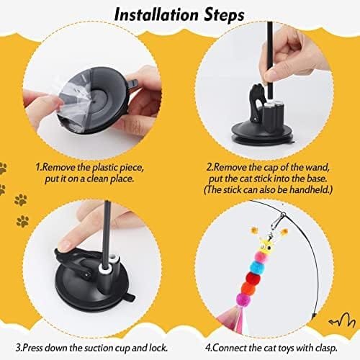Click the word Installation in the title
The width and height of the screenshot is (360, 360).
(x=156, y=15)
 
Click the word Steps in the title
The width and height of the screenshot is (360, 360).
(x=224, y=16)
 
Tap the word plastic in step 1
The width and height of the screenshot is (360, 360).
(x=105, y=168)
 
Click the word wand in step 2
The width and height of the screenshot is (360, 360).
(x=317, y=167)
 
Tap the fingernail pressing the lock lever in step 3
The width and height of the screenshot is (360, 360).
(x=65, y=246)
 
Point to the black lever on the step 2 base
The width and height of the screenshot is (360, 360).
(x=257, y=102)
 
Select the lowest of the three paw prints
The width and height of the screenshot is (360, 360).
(x=22, y=221)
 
